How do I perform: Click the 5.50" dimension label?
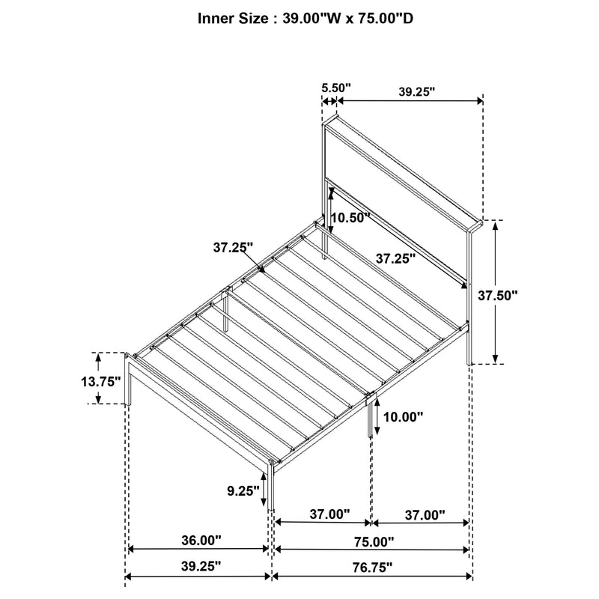pyautogui.click(x=336, y=88)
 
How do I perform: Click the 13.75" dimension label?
pyautogui.click(x=100, y=381)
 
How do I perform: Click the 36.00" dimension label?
pyautogui.click(x=200, y=539)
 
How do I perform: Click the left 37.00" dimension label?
pyautogui.click(x=329, y=514)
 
